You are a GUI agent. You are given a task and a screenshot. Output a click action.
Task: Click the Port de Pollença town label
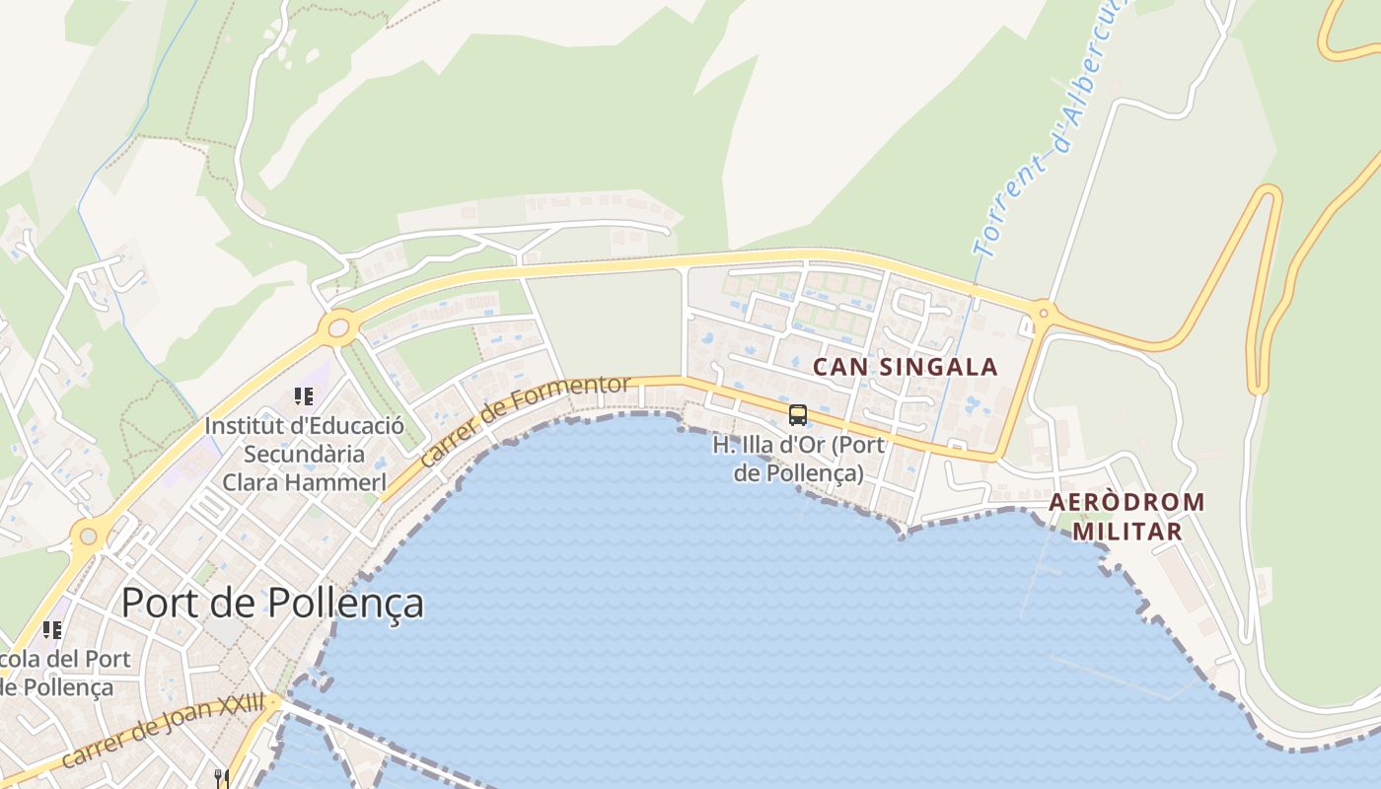click(272, 603)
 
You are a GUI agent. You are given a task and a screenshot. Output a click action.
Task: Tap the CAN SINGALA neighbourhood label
click(905, 368)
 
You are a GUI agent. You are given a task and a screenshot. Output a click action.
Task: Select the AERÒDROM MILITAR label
click(1127, 516)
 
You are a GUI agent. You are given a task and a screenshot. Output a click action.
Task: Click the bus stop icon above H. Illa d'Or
click(798, 415)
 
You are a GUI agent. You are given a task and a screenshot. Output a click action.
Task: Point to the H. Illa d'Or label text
click(798, 459)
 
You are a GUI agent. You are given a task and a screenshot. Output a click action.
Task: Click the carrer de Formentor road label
click(524, 420)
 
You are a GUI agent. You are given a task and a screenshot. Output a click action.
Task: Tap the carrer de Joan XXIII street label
click(164, 731)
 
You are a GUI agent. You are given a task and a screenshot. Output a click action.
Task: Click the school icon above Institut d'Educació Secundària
click(304, 396)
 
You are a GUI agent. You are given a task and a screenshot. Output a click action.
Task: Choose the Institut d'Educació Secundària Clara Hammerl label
click(304, 455)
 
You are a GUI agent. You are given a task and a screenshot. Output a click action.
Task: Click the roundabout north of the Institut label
click(338, 326)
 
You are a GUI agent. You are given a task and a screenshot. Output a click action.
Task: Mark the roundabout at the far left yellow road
click(89, 536)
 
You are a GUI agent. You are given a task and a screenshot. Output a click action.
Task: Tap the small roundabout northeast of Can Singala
click(1042, 315)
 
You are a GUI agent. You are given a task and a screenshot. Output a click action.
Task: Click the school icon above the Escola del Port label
click(52, 629)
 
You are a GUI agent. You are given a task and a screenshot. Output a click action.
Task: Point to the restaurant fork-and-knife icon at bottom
click(221, 779)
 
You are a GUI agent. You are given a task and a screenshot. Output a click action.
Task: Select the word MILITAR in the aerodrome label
click(1127, 531)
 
